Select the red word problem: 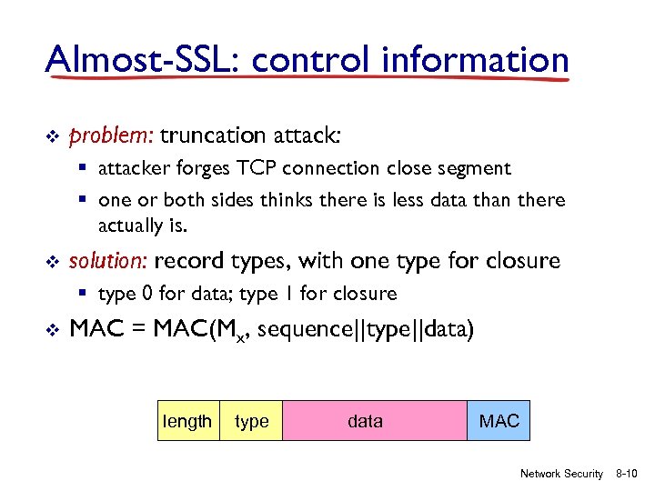tap(111, 136)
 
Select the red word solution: tap(108, 261)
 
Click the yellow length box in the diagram tap(187, 421)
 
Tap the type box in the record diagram tap(252, 421)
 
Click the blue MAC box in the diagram tap(499, 421)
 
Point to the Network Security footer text tap(561, 474)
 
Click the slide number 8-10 tap(628, 474)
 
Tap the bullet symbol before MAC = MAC tap(52, 329)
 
